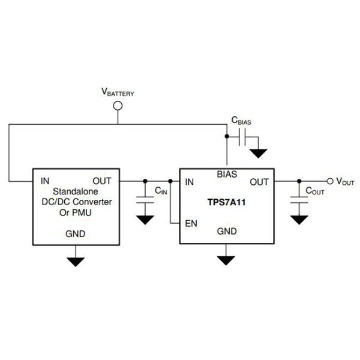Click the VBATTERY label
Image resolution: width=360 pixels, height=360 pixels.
pyautogui.click(x=118, y=93)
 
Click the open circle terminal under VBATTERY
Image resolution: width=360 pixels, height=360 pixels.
pyautogui.click(x=118, y=106)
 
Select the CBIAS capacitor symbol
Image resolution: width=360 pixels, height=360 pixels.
pyautogui.click(x=242, y=139)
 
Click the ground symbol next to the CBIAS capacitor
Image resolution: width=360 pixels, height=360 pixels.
pyautogui.click(x=259, y=152)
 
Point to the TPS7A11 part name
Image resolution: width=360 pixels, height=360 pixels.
pyautogui.click(x=226, y=203)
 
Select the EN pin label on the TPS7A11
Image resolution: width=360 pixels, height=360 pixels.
pyautogui.click(x=192, y=224)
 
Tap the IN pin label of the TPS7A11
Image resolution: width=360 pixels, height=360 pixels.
pyautogui.click(x=190, y=182)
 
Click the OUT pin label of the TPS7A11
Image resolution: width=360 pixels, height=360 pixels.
pyautogui.click(x=259, y=182)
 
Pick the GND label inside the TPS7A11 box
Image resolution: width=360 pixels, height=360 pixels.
pyautogui.click(x=226, y=230)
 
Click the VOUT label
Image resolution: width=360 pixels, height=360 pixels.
pyautogui.click(x=347, y=181)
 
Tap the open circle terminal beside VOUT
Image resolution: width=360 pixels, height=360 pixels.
pyautogui.click(x=329, y=181)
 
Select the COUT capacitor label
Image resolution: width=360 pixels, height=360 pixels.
pyautogui.click(x=315, y=191)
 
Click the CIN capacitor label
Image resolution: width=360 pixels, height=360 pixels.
pyautogui.click(x=161, y=191)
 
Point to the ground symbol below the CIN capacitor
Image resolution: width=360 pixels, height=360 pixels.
pyautogui.click(x=145, y=220)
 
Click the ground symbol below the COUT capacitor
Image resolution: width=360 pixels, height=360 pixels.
pyautogui.click(x=299, y=220)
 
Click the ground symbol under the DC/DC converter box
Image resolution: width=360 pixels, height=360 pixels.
pyautogui.click(x=76, y=261)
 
